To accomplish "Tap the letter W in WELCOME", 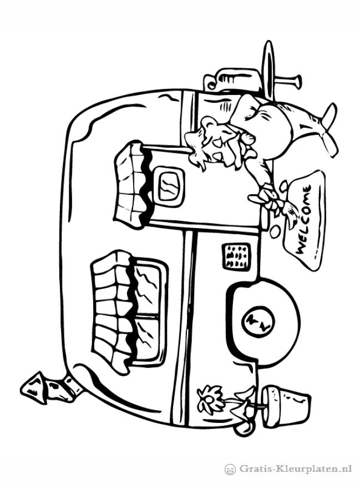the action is click(x=301, y=247).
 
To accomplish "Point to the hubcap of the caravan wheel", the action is click(x=257, y=322).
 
